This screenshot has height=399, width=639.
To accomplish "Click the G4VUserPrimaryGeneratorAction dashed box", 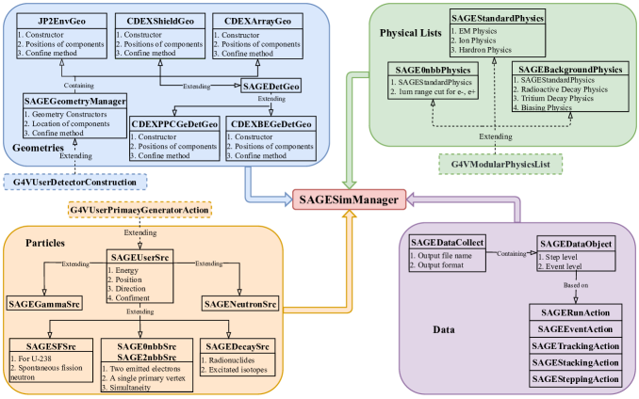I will coord(140,208).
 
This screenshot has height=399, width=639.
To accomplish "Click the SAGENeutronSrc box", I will coord(242,304).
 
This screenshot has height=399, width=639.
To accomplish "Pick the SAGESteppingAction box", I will coord(574,379).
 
